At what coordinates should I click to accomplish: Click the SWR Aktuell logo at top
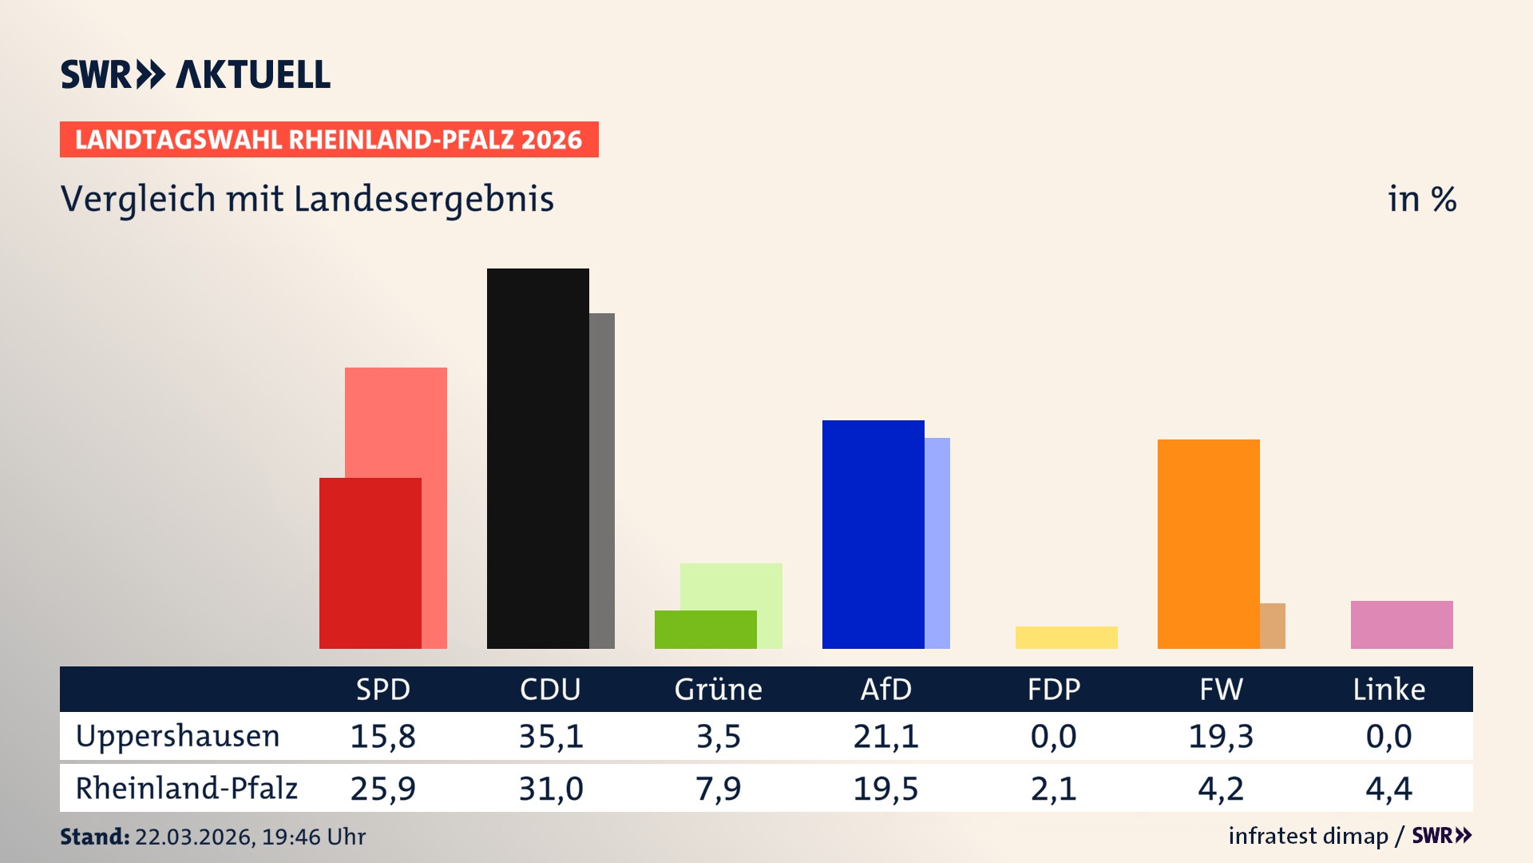pyautogui.click(x=195, y=74)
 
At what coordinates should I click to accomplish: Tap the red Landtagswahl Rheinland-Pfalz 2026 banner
pyautogui.click(x=329, y=140)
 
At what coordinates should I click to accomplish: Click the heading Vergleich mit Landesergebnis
pyautogui.click(x=307, y=199)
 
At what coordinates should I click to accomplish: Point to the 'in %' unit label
pyautogui.click(x=1421, y=199)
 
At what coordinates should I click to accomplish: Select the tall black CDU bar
pyautogui.click(x=537, y=458)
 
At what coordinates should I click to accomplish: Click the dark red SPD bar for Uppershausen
pyautogui.click(x=370, y=563)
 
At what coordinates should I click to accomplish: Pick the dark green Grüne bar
pyautogui.click(x=705, y=630)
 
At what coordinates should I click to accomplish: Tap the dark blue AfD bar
pyautogui.click(x=873, y=534)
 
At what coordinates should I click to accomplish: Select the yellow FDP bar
pyautogui.click(x=1066, y=638)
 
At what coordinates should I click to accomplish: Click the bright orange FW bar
pyautogui.click(x=1208, y=543)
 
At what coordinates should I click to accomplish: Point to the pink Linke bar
pyautogui.click(x=1401, y=625)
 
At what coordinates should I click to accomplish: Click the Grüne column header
pyautogui.click(x=718, y=690)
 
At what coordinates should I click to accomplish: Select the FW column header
pyautogui.click(x=1221, y=690)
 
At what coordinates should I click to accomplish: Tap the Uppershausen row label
pyautogui.click(x=177, y=736)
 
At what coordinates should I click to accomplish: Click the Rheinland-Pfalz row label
pyautogui.click(x=186, y=789)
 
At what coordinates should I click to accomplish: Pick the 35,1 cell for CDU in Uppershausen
pyautogui.click(x=551, y=736)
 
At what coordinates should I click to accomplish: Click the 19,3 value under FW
pyautogui.click(x=1221, y=736)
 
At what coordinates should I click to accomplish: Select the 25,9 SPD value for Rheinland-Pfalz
pyautogui.click(x=382, y=789)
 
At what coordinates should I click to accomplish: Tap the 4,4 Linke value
pyautogui.click(x=1388, y=789)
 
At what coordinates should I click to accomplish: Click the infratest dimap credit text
pyautogui.click(x=1308, y=836)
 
